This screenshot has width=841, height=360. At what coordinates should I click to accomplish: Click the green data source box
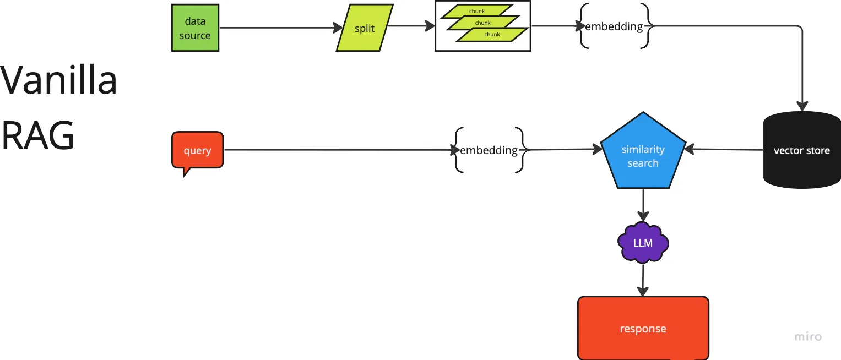[195, 28]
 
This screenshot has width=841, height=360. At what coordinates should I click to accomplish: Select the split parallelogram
[365, 28]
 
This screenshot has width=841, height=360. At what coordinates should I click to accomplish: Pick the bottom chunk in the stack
[491, 35]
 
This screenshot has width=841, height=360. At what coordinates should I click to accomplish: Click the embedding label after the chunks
[614, 26]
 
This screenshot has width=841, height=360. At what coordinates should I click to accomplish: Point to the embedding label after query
[489, 150]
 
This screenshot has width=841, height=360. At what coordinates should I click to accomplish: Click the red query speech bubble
[197, 150]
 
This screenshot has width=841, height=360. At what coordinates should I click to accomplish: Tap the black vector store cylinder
[801, 150]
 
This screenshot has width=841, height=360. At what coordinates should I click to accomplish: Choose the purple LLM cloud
[643, 242]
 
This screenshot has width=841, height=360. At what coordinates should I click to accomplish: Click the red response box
[643, 329]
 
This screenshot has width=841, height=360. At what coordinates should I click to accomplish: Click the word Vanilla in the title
[59, 80]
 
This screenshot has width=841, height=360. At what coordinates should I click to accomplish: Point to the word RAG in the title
[37, 135]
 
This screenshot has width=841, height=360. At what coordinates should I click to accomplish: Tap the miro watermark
[808, 337]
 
